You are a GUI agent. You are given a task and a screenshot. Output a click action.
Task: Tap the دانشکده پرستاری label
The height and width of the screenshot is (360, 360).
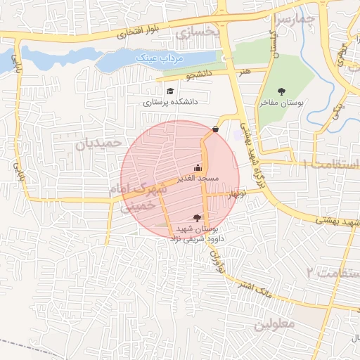coord(171,102)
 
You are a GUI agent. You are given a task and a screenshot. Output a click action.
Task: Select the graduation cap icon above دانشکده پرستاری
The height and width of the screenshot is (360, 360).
coord(169,91)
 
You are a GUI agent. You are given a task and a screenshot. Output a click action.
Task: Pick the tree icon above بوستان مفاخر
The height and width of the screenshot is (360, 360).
coord(281,91)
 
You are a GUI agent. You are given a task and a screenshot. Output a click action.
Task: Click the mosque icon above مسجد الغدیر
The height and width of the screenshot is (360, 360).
coord(198,167)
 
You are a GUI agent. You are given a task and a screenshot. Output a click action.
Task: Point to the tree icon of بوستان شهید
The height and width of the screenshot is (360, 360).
coord(196,218)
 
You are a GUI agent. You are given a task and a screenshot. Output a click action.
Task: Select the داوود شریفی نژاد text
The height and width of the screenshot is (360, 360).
coord(193,238)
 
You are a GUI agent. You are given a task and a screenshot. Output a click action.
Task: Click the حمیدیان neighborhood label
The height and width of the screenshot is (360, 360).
coord(93,146)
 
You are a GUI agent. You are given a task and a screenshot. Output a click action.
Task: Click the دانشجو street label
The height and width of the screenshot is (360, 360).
coord(198,73)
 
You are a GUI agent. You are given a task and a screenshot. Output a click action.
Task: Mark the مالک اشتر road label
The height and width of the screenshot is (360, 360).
coord(255,286)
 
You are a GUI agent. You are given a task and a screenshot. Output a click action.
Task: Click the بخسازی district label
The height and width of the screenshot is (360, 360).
coord(199,33)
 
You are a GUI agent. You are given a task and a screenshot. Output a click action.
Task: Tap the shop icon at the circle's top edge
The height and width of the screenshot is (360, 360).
coord(215,129)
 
